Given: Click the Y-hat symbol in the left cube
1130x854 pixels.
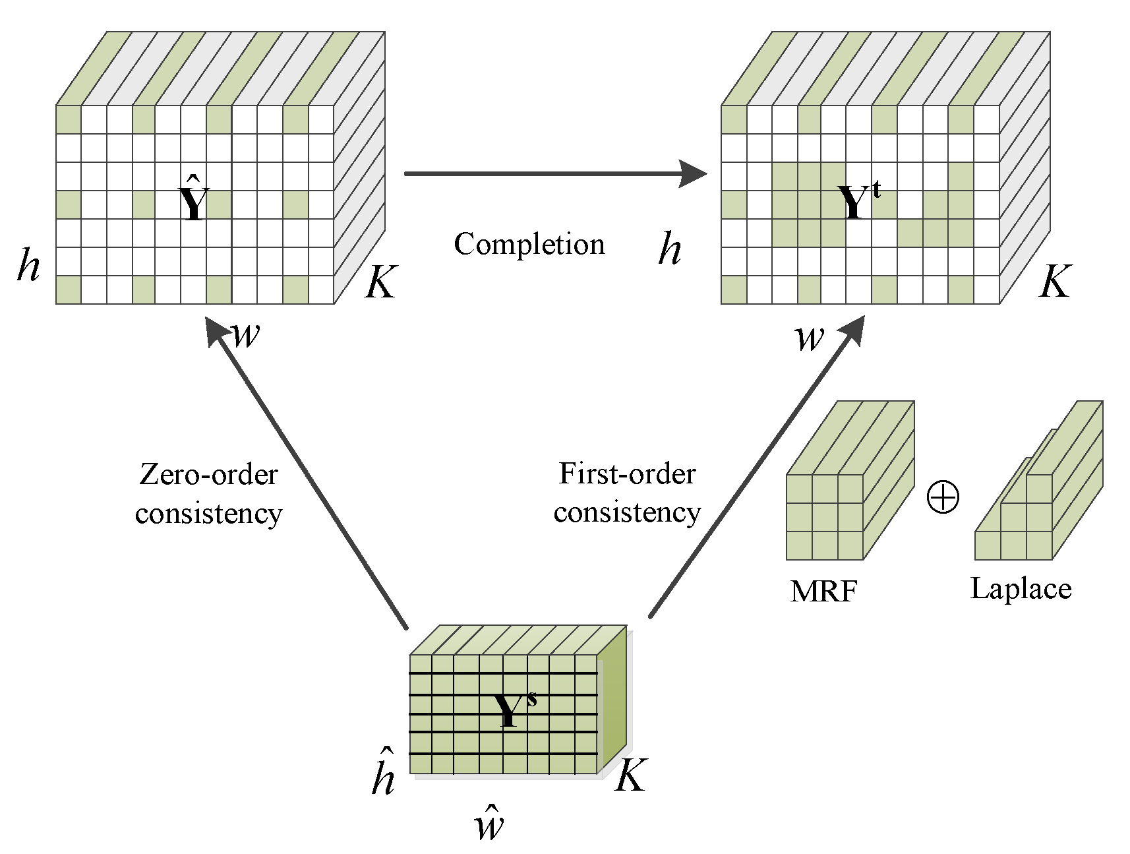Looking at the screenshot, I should click(x=194, y=200).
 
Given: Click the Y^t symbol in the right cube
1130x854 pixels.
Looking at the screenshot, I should click(x=858, y=200).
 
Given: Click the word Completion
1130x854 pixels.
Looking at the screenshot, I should click(x=529, y=245).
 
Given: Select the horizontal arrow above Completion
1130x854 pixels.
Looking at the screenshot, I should click(x=554, y=173).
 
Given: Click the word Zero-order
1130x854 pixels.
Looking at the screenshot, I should click(x=208, y=474).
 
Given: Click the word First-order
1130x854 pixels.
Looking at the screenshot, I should click(x=627, y=473).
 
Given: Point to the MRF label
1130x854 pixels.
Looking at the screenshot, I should click(x=823, y=591).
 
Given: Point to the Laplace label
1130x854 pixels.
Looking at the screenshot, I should click(x=1021, y=588).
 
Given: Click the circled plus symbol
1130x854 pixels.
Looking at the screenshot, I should click(x=943, y=497).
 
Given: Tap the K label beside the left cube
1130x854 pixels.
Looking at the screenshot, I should click(x=380, y=282).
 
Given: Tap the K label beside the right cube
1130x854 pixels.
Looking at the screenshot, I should click(x=1055, y=282).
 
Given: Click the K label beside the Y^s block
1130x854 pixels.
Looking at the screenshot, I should click(x=630, y=776).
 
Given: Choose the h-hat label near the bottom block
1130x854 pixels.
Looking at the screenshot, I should click(x=383, y=773).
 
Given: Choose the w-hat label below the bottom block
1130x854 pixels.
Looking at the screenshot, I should click(x=489, y=823).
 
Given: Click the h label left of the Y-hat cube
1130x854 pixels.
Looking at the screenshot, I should click(x=28, y=265).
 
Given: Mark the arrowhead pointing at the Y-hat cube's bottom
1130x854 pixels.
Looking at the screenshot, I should click(x=214, y=329).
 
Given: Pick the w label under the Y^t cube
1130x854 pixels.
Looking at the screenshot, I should click(x=809, y=338).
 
